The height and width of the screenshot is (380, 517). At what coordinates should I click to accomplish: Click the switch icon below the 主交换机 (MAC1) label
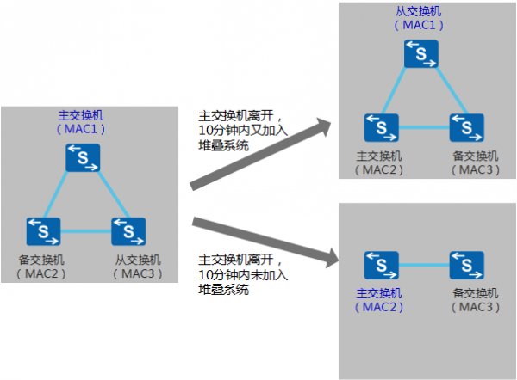[84, 157]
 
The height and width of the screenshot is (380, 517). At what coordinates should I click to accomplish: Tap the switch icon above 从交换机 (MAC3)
[128, 230]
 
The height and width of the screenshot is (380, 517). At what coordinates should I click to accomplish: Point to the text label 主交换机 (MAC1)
[83, 121]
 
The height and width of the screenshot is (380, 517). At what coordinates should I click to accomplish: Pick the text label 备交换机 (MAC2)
[40, 267]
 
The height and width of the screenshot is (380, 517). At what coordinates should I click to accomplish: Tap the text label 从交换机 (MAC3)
[136, 267]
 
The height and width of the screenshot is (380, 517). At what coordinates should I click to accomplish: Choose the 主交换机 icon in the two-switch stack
[379, 261]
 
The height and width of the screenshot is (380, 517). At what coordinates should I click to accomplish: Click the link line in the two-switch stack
[421, 261]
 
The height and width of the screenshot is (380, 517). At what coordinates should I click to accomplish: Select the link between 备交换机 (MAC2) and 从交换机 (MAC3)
[85, 231]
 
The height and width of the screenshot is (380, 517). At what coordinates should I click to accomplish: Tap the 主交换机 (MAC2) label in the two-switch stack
[379, 299]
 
